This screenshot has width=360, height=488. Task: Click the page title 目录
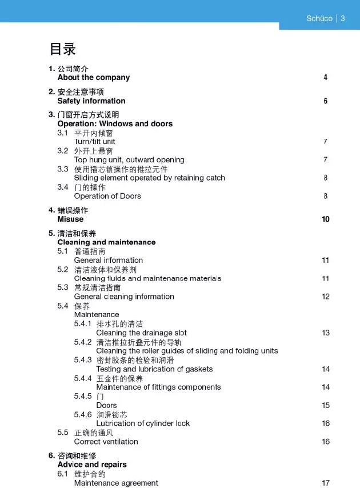click(x=63, y=49)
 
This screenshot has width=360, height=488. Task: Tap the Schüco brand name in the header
click(x=319, y=18)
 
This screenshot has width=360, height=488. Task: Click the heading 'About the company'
click(x=93, y=77)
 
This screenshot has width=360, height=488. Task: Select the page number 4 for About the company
click(x=325, y=77)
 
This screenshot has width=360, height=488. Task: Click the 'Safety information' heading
click(x=91, y=101)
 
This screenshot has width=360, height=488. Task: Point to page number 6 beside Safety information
click(x=325, y=101)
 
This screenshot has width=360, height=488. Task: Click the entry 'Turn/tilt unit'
click(x=94, y=141)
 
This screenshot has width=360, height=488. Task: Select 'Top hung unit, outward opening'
click(x=129, y=159)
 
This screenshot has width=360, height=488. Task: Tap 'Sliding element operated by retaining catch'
click(x=149, y=178)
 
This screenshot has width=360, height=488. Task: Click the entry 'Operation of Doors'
click(x=107, y=196)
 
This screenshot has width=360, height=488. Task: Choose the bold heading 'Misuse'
click(x=70, y=219)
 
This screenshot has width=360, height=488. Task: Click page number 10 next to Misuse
click(x=326, y=219)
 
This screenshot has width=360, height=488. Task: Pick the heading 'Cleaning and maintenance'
click(x=106, y=242)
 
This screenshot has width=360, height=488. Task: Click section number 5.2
click(x=63, y=269)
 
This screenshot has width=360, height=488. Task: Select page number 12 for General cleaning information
click(x=326, y=297)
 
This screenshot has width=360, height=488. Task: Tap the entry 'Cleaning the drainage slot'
click(x=141, y=333)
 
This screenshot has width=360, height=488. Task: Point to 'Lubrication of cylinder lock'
click(x=143, y=423)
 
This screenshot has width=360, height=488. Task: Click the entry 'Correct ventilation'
click(x=106, y=442)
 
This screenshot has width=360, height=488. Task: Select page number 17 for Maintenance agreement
click(x=326, y=483)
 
